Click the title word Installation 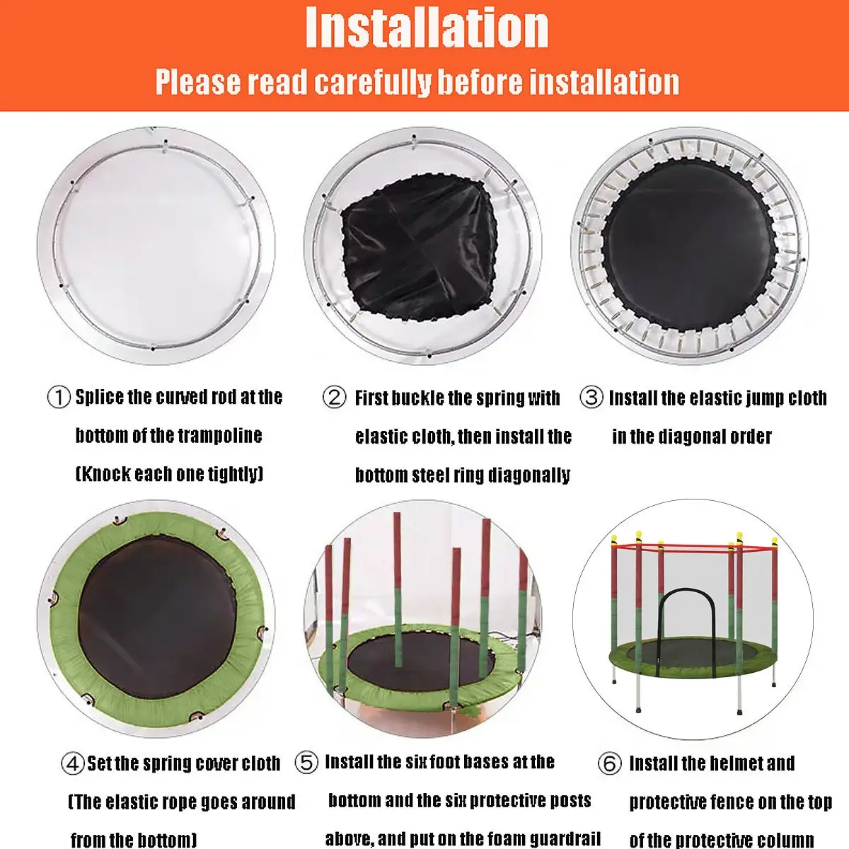[x=427, y=28]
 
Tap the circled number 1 [x=59, y=397]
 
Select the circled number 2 [x=334, y=398]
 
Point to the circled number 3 [x=591, y=397]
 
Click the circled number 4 [x=72, y=764]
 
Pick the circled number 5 [x=306, y=763]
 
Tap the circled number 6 [x=610, y=764]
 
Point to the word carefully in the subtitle [x=372, y=82]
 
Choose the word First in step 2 [x=371, y=398]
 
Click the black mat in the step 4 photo [x=158, y=617]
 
